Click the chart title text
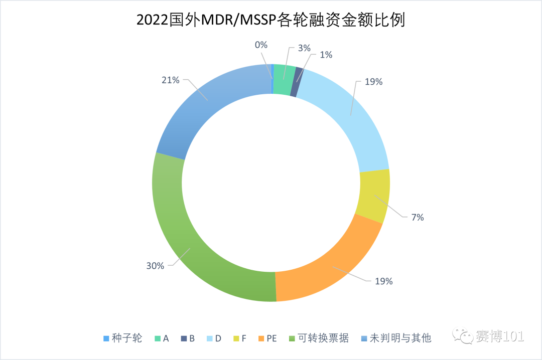tap(270, 21)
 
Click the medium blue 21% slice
tap(211, 105)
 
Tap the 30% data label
tap(155, 266)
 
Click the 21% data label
tap(170, 80)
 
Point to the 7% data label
tap(418, 217)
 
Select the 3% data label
tap(304, 48)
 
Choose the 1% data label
tap(326, 55)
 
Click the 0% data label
tap(261, 45)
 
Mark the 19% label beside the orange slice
tap(383, 281)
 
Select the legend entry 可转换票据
tap(323, 338)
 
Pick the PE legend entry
tap(272, 338)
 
